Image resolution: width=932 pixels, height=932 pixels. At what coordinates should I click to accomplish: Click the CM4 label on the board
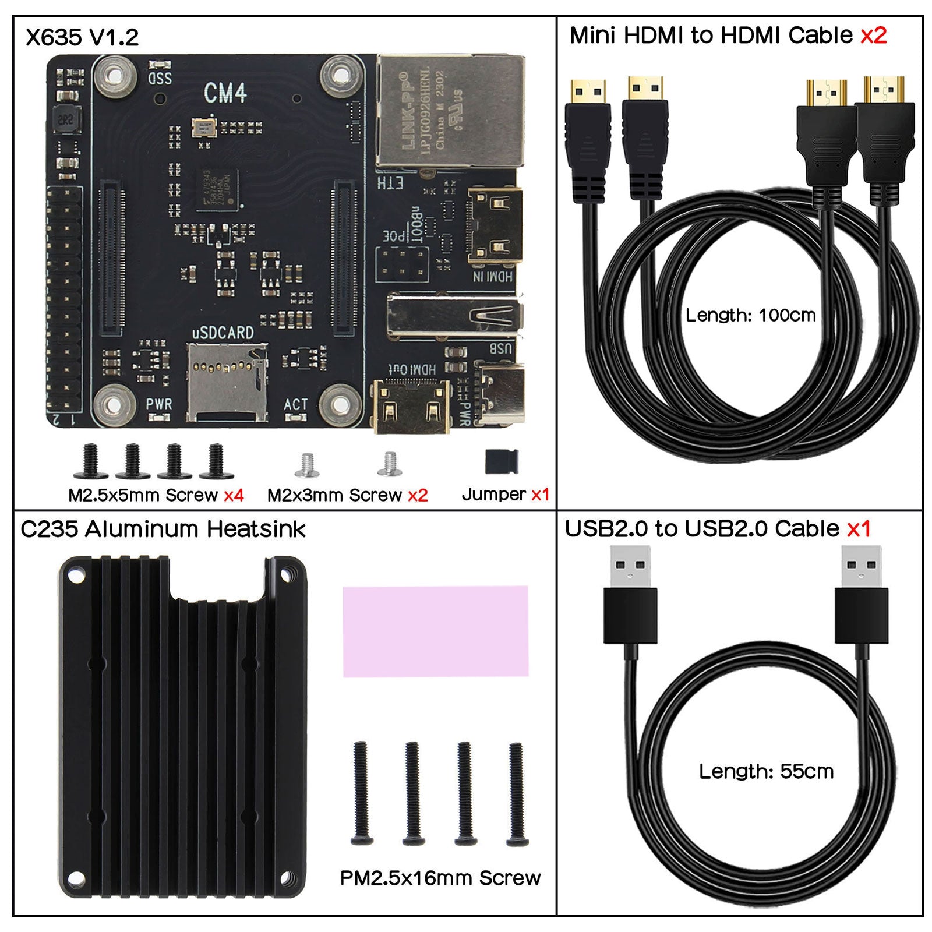[x=225, y=93]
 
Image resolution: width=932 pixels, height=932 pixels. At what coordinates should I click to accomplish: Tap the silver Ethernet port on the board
[x=449, y=111]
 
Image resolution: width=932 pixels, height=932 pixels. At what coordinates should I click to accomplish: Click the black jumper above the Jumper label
[x=502, y=462]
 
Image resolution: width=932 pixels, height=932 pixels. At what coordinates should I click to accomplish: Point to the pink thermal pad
[x=436, y=631]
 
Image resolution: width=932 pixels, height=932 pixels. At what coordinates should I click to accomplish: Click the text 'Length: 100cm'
[x=750, y=315]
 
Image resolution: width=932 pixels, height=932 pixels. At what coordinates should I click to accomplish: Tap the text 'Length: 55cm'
[x=766, y=771]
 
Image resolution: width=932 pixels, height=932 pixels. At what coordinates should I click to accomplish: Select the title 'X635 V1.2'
[x=82, y=38]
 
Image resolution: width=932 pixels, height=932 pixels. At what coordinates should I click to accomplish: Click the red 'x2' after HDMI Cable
[x=873, y=36]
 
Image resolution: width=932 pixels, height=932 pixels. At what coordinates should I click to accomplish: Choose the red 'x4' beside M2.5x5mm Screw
[x=234, y=495]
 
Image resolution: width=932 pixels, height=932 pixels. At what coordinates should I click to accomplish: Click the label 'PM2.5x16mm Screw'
[x=440, y=878]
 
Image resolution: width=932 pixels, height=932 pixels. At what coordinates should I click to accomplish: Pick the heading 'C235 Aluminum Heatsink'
[x=163, y=529]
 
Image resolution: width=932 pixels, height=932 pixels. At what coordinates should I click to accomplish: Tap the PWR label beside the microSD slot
[x=158, y=404]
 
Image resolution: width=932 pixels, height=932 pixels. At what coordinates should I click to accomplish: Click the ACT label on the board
[x=295, y=404]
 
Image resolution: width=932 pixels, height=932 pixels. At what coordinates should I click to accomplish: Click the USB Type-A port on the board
[x=454, y=316]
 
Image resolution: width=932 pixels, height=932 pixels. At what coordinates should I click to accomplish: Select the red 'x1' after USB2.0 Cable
[x=859, y=529]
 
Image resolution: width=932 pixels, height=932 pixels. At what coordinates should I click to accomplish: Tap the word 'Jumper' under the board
[x=493, y=495]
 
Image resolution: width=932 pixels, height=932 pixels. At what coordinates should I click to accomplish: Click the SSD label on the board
[x=160, y=77]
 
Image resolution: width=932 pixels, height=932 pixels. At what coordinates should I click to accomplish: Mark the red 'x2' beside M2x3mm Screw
[x=418, y=495]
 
